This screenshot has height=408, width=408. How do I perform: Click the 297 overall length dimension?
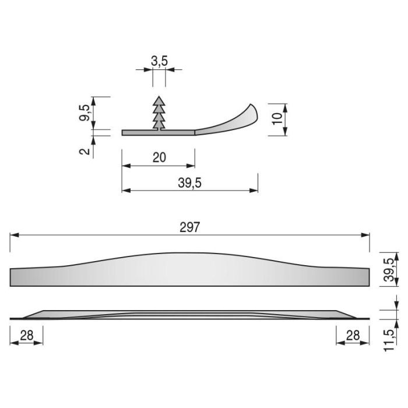[189, 227]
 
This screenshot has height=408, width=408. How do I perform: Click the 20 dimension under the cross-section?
[158, 157]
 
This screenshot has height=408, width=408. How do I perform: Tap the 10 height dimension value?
[278, 119]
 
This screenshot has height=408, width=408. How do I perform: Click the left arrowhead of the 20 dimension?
[125, 166]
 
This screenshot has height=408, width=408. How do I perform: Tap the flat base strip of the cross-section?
[157, 133]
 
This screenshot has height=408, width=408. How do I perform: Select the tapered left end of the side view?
[32, 315]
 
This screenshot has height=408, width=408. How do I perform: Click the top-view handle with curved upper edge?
[189, 270]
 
